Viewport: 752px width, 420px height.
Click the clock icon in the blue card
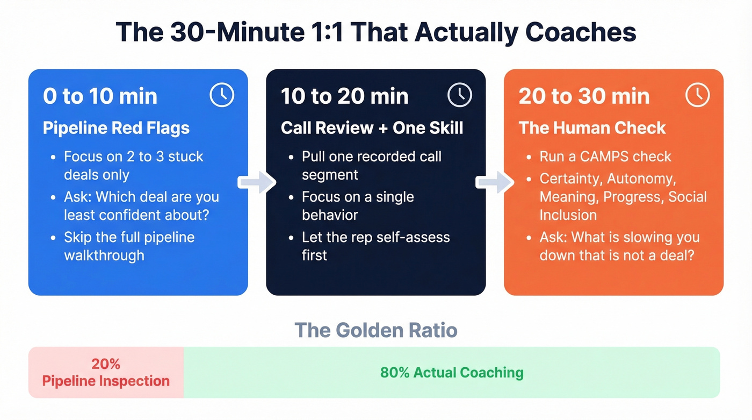tap(222, 95)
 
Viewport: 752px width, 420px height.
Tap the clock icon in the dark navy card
tap(459, 95)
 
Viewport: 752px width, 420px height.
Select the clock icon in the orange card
tap(697, 95)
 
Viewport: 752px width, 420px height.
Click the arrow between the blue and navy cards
tap(257, 182)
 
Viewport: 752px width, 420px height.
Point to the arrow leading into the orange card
tap(495, 182)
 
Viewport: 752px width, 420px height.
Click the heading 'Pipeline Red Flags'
tap(116, 128)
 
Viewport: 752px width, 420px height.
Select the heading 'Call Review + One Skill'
tap(372, 128)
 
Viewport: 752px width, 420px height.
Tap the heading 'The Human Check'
tap(592, 128)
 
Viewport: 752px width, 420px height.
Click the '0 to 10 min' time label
tap(100, 96)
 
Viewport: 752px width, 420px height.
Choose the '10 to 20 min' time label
tap(345, 96)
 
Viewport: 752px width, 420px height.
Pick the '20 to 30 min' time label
tap(584, 96)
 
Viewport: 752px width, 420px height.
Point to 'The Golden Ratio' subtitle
tap(375, 330)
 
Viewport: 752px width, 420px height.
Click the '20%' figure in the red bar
tap(106, 364)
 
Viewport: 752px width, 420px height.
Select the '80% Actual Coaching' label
tap(452, 372)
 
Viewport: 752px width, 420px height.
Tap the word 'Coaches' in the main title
tap(581, 32)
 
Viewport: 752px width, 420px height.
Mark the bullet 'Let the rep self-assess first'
tap(375, 246)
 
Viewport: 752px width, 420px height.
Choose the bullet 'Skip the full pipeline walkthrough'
tap(129, 246)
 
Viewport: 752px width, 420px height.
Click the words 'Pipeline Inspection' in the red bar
tap(106, 381)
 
